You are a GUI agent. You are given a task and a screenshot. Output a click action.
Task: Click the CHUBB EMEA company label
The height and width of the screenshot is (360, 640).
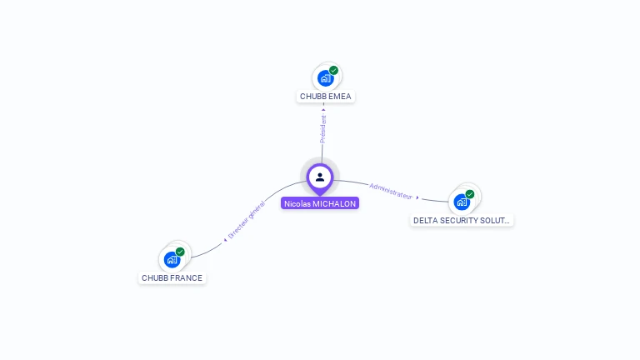[326, 97]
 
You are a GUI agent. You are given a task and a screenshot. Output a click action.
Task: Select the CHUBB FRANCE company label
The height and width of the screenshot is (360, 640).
[172, 278]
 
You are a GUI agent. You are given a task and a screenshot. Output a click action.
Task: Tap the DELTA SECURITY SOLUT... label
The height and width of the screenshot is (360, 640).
[462, 221]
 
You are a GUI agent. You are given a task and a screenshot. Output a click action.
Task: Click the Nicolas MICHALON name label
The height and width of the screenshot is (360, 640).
[320, 203]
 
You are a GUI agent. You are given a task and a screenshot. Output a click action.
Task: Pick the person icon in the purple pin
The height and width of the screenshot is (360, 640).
[320, 177]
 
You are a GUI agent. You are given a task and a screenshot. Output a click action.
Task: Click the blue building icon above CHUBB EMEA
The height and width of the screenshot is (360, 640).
[325, 78]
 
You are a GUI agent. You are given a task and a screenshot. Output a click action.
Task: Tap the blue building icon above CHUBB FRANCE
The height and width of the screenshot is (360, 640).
[172, 259]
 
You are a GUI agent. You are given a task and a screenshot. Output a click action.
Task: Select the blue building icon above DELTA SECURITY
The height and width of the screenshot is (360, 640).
[462, 202]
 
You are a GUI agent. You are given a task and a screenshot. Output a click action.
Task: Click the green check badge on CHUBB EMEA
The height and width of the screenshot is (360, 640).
[333, 71]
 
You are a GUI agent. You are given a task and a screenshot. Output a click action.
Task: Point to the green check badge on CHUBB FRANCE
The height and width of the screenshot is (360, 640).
[180, 252]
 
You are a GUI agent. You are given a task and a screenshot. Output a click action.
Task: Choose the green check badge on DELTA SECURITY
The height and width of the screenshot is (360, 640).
[470, 194]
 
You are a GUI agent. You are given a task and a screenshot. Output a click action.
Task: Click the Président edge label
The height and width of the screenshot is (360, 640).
[323, 128]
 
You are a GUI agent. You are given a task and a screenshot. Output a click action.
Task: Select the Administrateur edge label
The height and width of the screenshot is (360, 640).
[391, 190]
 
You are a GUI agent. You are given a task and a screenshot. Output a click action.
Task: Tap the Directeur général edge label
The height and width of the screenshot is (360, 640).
[247, 221]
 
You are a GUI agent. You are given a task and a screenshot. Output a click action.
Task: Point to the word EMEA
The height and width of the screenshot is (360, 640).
[340, 97]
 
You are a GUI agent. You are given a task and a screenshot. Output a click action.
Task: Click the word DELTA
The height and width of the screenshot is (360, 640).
[426, 221]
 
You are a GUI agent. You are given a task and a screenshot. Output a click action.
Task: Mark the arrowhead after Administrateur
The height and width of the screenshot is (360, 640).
[417, 198]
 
